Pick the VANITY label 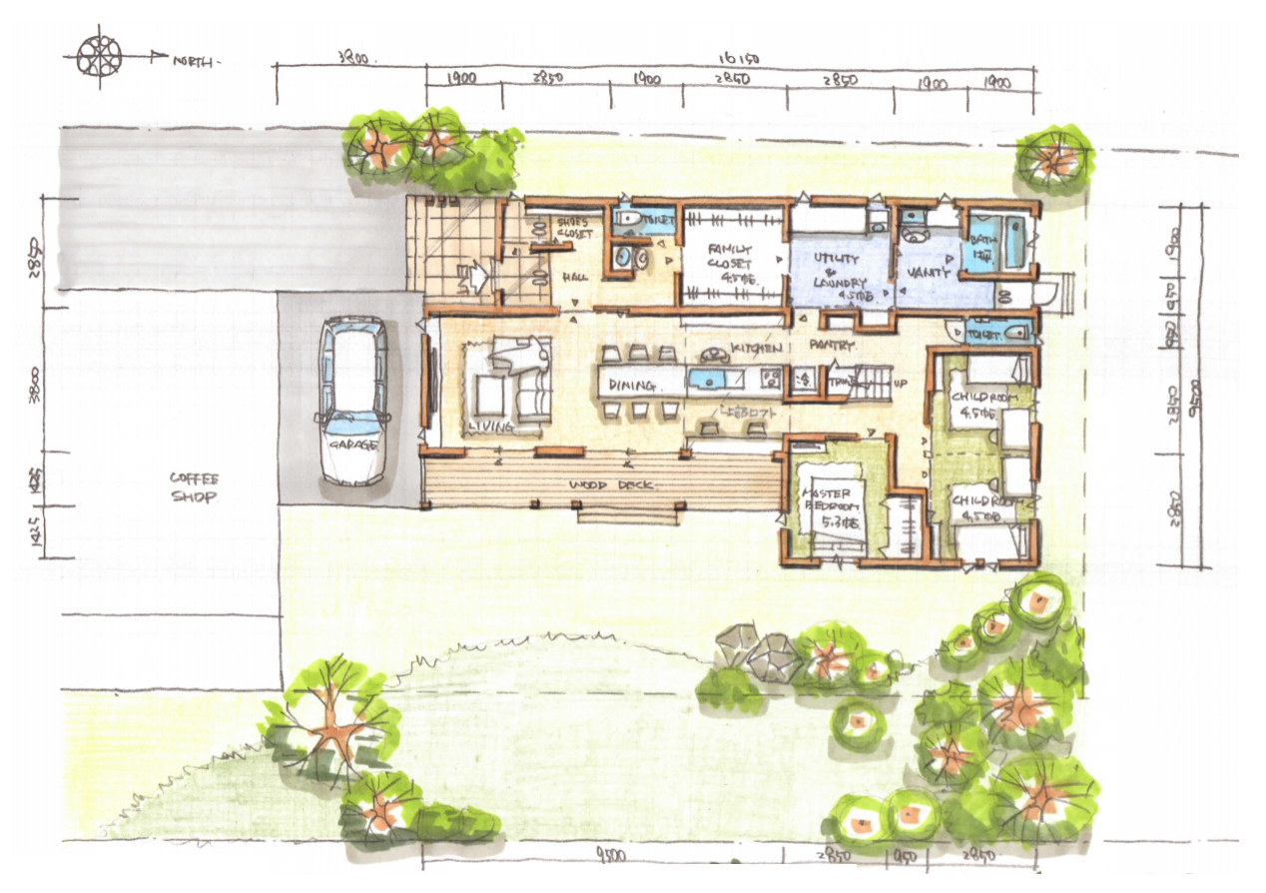pos(925,272)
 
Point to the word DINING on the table pos(631,384)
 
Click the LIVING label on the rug pos(489,427)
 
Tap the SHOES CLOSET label pos(572,228)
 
